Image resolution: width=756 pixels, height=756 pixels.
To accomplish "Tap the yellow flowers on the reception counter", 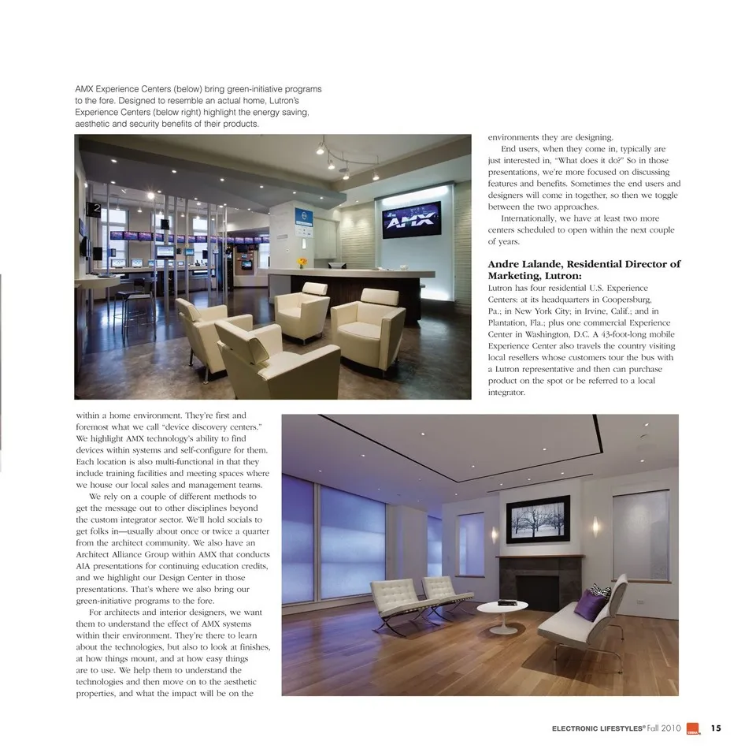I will pyautogui.click(x=302, y=263).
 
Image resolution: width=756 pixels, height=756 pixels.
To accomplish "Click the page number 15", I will pyautogui.click(x=715, y=728).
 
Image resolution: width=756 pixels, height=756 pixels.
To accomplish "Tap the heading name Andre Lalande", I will pyautogui.click(x=527, y=264).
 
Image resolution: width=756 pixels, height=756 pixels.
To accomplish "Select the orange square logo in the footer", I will pyautogui.click(x=693, y=728).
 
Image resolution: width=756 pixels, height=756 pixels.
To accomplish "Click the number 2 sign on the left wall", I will pyautogui.click(x=95, y=209).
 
